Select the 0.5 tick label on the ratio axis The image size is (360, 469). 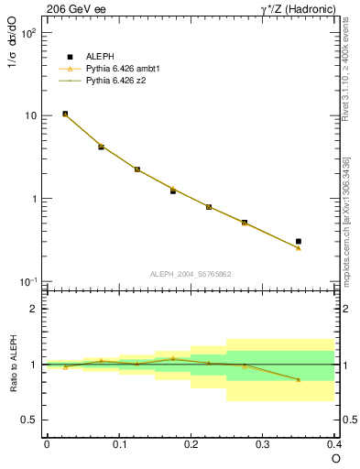pos(30,420)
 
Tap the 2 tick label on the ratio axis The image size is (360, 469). pos(35,309)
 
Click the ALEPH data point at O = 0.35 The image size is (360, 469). pos(299,241)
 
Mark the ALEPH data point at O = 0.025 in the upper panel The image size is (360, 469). pos(65,114)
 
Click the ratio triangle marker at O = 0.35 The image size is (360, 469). pos(299,379)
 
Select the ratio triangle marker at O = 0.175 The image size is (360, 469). pos(172,359)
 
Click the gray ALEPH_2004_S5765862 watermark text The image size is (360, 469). pos(191,273)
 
